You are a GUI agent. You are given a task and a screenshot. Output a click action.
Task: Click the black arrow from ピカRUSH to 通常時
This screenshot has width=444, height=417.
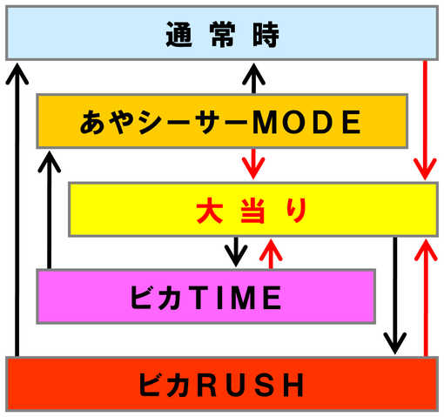click(17, 210)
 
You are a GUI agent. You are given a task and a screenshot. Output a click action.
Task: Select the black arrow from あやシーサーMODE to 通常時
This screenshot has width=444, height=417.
click(253, 78)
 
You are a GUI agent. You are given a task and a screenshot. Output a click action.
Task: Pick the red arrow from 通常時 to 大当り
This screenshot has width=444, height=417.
click(425, 120)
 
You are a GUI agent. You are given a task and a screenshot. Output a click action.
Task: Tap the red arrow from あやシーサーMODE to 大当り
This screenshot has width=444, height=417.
click(253, 164)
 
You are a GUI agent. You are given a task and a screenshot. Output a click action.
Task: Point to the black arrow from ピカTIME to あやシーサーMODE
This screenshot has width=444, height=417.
click(50, 210)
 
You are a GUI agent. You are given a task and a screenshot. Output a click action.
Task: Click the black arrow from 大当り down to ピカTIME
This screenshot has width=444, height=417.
click(236, 252)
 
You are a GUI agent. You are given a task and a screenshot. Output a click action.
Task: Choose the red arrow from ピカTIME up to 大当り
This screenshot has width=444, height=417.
click(271, 253)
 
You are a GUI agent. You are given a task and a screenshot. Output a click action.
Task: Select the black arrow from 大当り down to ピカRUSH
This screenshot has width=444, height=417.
click(395, 296)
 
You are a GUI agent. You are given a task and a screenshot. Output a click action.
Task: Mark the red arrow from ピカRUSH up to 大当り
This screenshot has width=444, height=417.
click(426, 298)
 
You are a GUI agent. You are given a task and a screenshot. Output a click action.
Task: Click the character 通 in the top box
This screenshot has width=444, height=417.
click(178, 34)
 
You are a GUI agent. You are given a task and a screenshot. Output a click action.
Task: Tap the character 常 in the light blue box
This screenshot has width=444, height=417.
click(222, 34)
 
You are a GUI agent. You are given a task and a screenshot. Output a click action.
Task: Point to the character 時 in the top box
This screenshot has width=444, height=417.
click(266, 34)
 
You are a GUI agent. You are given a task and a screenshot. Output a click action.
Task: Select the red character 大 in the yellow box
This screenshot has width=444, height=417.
click(210, 210)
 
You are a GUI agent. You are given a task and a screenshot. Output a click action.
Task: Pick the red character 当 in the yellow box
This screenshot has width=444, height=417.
click(252, 210)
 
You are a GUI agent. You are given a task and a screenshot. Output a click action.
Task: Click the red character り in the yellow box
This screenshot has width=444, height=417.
click(297, 210)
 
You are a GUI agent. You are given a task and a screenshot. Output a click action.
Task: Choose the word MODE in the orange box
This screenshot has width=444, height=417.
click(306, 122)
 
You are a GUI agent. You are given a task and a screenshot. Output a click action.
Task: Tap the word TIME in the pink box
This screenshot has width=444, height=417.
click(237, 297)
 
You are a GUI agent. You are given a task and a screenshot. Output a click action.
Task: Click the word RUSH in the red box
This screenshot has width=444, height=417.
click(251, 385)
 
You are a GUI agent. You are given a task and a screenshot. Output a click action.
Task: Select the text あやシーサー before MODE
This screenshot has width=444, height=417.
click(164, 122)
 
